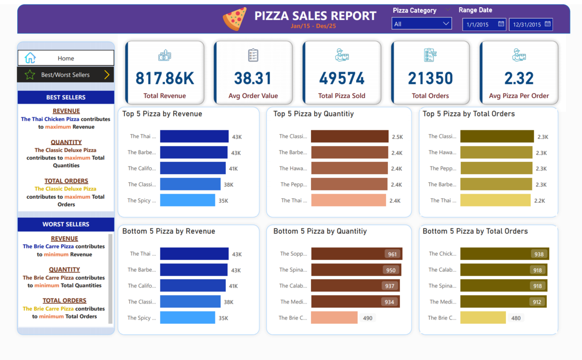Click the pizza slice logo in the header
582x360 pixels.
pos(235,19)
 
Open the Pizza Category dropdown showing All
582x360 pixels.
pos(421,24)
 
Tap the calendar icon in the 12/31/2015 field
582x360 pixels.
pos(547,24)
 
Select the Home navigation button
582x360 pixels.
pos(66,58)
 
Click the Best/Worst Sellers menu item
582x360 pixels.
pos(66,75)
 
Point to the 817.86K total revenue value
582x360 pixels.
pos(164,78)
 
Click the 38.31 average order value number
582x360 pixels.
pos(253,78)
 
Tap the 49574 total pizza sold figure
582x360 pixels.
pos(342,78)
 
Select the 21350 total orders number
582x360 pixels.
pos(430,78)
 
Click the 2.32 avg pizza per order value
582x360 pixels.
pos(519,78)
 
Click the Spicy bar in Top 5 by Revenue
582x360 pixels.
pos(187,201)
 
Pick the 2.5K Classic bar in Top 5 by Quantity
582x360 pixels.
pos(349,136)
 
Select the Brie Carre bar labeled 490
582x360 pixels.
pos(334,318)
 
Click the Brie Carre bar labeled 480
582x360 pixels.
pos(483,318)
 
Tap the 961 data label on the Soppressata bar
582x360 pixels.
pos(392,254)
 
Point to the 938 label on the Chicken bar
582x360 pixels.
pos(539,254)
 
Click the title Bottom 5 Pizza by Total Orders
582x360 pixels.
pos(475,231)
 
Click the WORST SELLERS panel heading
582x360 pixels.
pos(66,224)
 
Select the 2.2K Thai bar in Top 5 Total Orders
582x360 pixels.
pos(495,201)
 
